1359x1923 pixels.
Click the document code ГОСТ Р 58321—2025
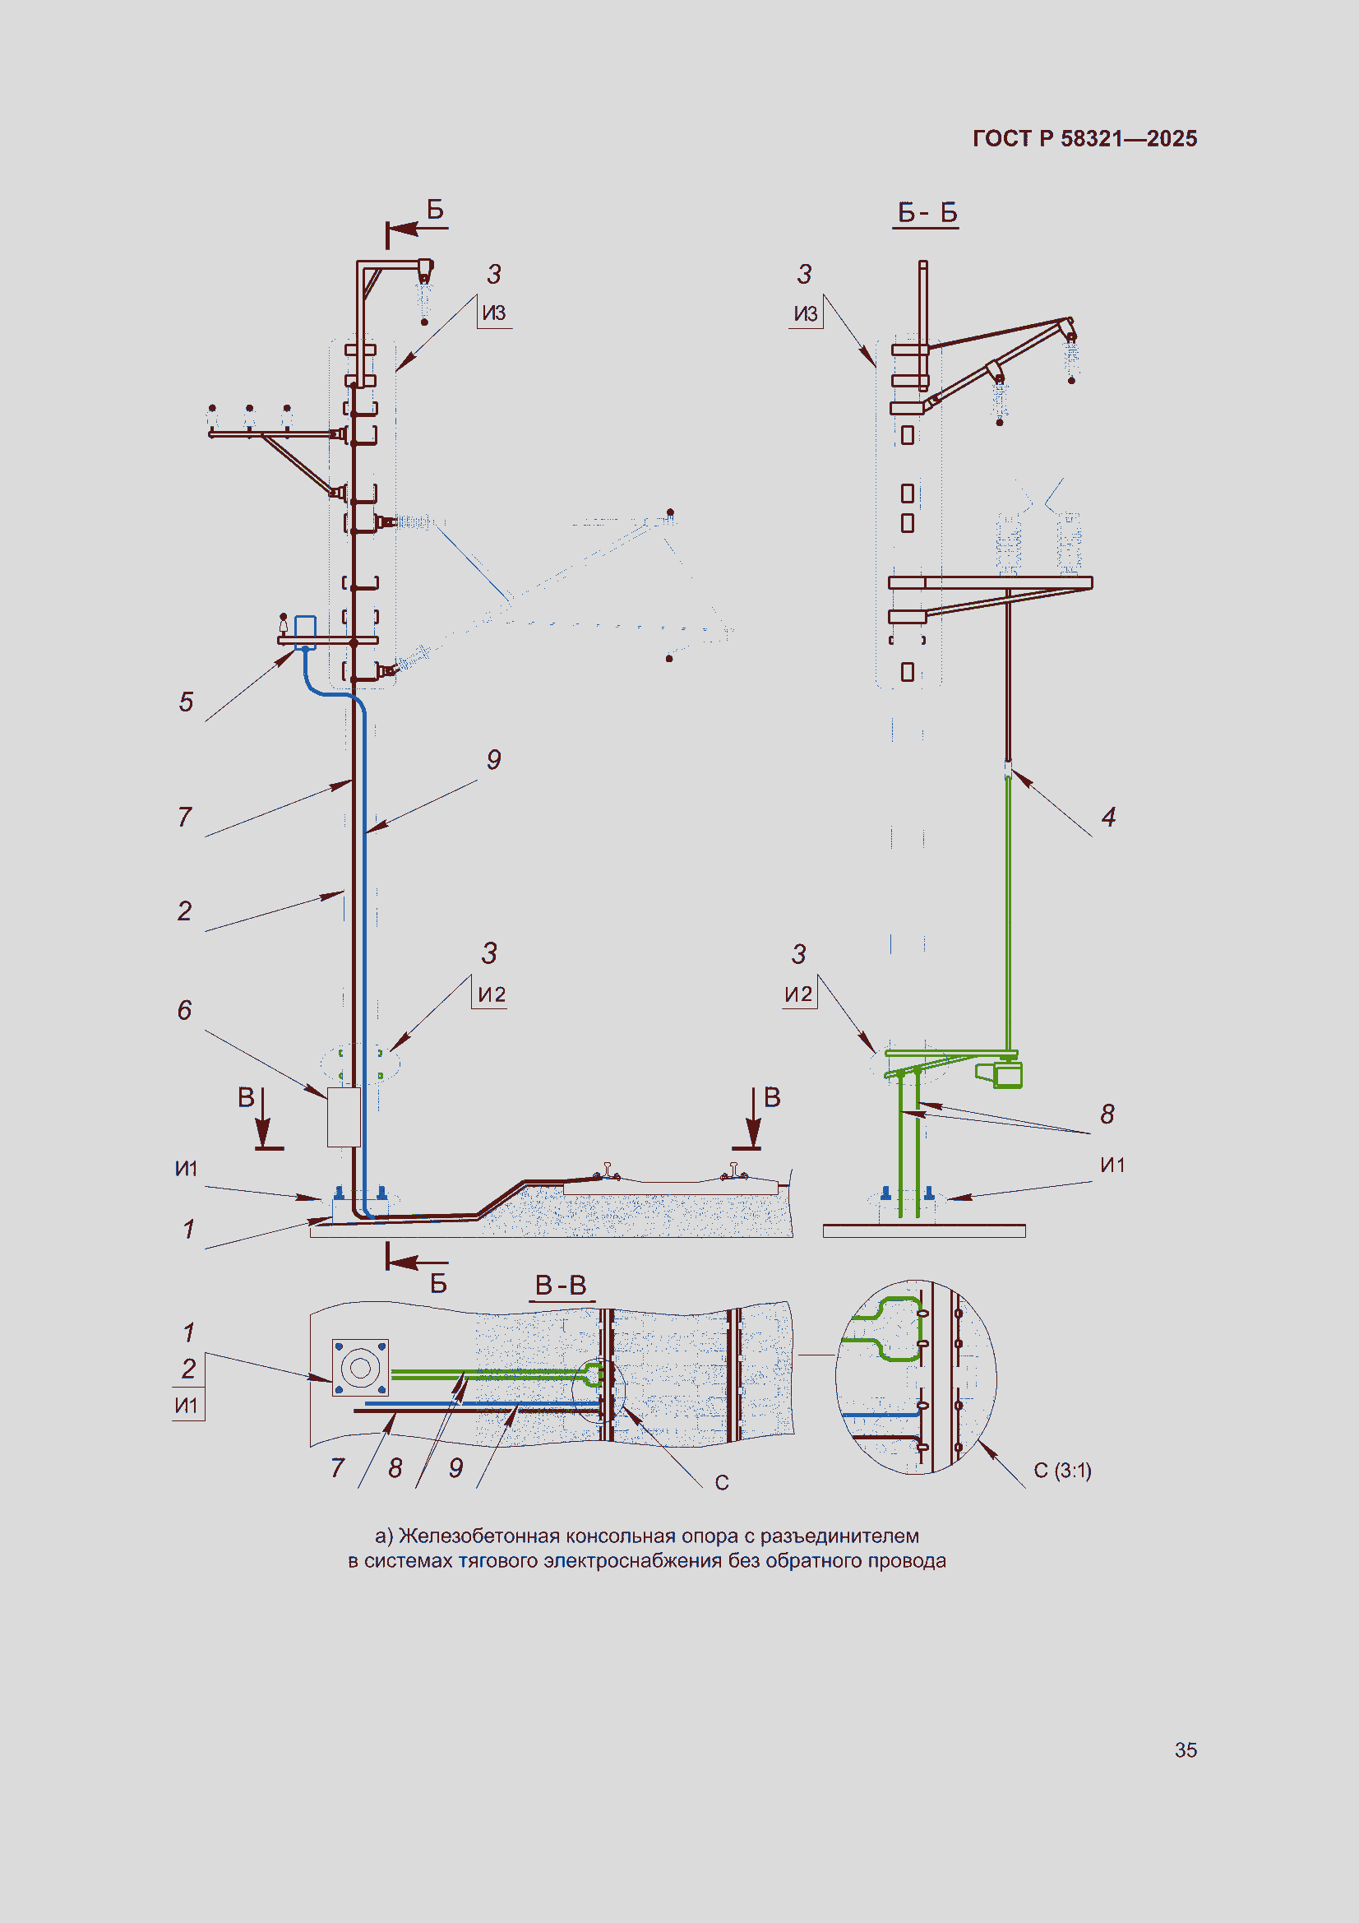click(1084, 138)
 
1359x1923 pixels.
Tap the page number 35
click(1186, 1749)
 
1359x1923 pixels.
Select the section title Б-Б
click(927, 212)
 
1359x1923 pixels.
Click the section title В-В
click(561, 1284)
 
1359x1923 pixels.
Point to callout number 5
click(186, 701)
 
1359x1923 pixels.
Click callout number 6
click(184, 1009)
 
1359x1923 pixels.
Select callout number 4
click(1108, 817)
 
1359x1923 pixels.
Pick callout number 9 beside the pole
click(494, 759)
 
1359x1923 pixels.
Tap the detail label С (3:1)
click(1062, 1470)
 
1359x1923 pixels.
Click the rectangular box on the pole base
click(344, 1116)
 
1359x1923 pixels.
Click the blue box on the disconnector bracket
click(305, 627)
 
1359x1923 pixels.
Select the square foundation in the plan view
click(360, 1367)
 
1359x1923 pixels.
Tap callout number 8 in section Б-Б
click(1107, 1113)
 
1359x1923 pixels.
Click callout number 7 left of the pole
click(184, 816)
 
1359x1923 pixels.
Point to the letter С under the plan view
click(722, 1482)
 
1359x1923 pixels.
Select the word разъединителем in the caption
click(839, 1536)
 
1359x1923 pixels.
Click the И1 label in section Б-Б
click(1112, 1164)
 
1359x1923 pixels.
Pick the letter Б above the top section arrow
click(436, 209)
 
